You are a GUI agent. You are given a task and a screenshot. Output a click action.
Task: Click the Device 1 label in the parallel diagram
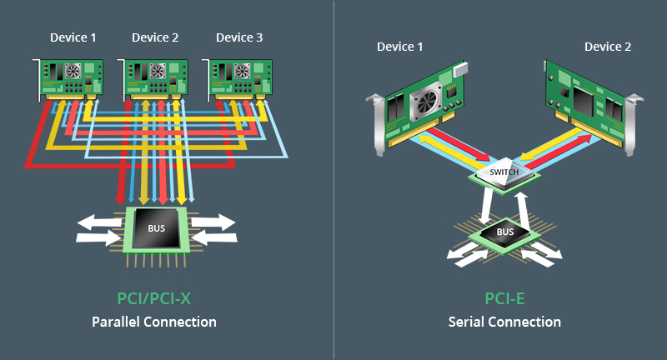coord(73,37)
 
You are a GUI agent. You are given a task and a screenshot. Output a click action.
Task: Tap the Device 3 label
coord(239,37)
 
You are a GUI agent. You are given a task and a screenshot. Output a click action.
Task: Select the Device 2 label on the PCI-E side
coord(608,47)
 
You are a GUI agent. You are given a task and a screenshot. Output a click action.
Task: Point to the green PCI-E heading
coord(504,299)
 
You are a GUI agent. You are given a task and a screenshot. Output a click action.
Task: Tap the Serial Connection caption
coord(504,322)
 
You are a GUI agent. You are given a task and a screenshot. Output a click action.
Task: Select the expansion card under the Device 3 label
coord(238,76)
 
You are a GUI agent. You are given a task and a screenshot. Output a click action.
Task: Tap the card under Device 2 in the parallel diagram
coord(153,76)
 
